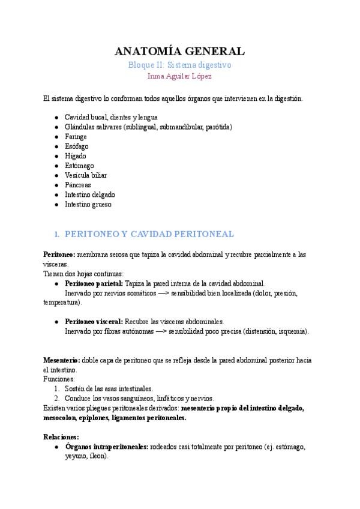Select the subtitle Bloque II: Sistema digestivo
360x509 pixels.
coord(180,65)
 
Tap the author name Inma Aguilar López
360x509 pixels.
coord(180,76)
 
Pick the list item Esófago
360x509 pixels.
coord(76,146)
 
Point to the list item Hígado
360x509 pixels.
coord(76,155)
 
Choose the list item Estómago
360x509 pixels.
coord(79,165)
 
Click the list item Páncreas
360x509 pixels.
coord(78,185)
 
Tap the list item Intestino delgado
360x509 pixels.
coord(90,194)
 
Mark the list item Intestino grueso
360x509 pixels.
coord(88,204)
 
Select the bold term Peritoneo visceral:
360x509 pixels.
coord(94,321)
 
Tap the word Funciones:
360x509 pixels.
coord(59,379)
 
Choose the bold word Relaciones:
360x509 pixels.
coord(61,437)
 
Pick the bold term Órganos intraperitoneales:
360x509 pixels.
coord(107,447)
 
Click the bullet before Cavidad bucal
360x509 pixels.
coord(56,117)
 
